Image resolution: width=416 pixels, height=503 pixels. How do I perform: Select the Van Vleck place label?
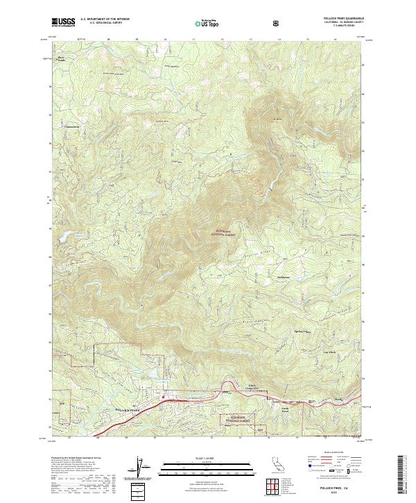click(311, 352)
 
